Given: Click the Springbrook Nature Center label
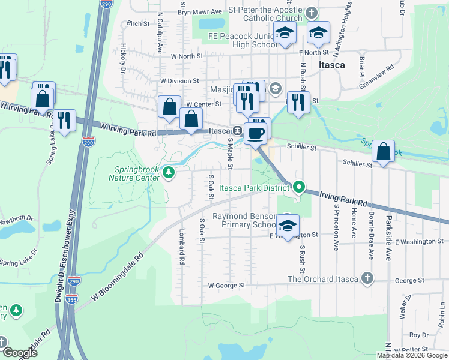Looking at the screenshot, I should (134, 173).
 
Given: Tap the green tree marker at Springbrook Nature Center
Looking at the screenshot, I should (170, 173).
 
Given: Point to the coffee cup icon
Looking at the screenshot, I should (255, 134).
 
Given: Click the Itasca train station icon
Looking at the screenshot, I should (238, 131).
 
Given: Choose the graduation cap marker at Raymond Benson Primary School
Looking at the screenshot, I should (288, 226).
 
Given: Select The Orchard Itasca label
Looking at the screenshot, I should (322, 279).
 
